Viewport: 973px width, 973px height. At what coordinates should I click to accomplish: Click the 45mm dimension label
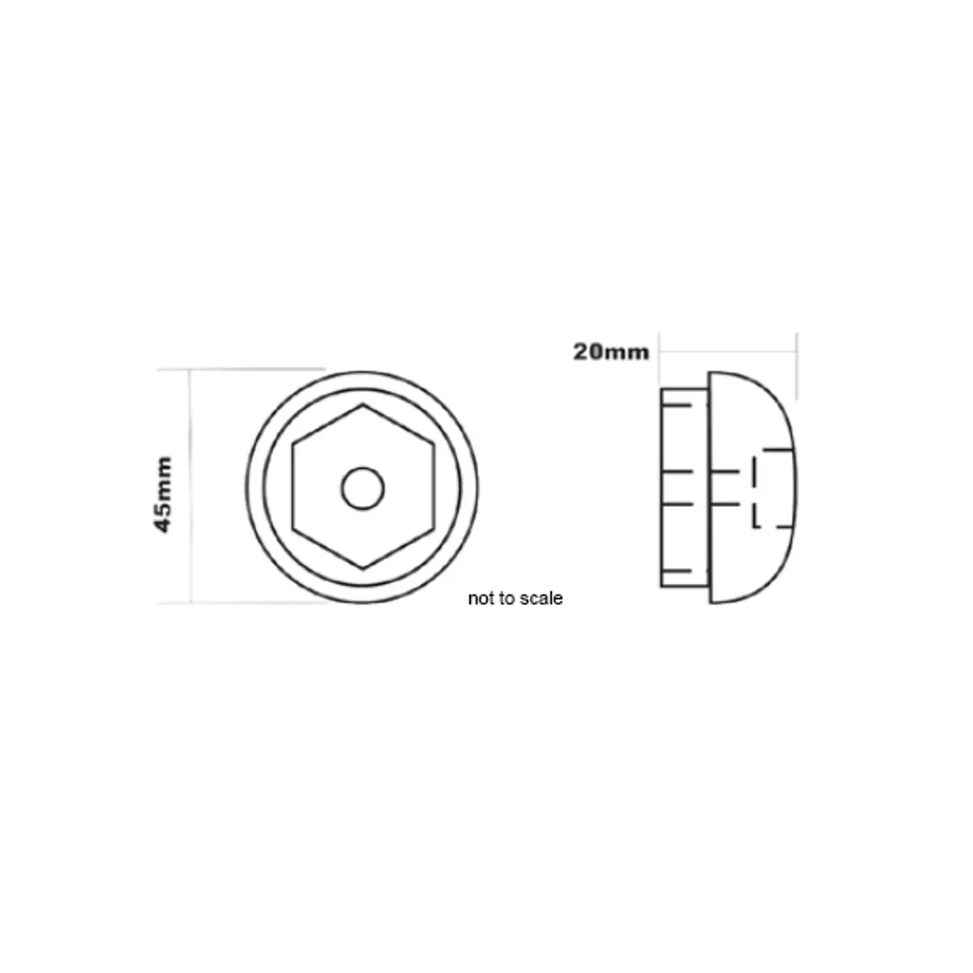(x=164, y=495)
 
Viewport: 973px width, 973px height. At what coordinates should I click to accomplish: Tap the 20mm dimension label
(x=611, y=352)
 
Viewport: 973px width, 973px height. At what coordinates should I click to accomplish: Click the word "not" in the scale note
(x=479, y=598)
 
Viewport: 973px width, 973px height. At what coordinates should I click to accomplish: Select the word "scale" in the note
(x=542, y=598)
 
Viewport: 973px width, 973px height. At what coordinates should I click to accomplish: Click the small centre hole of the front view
(x=362, y=488)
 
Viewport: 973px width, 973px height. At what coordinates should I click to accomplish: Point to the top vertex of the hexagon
(x=362, y=405)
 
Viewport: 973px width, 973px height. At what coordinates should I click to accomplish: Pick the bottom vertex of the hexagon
(x=362, y=569)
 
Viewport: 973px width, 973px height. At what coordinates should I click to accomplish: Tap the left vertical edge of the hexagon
(x=293, y=487)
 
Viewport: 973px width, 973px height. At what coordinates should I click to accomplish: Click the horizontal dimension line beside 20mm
(x=730, y=351)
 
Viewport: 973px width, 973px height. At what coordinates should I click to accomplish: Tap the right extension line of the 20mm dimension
(x=797, y=365)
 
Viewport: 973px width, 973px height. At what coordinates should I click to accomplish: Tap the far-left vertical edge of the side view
(x=661, y=487)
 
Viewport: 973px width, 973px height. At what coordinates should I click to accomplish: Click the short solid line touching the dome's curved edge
(x=777, y=448)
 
